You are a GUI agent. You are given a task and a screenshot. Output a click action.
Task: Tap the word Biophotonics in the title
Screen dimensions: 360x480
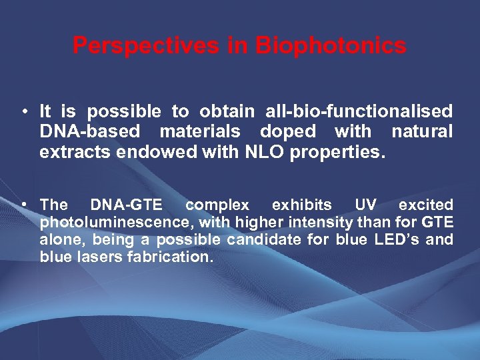click(331, 46)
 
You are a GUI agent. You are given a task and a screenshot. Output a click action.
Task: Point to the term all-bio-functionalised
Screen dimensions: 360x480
click(359, 111)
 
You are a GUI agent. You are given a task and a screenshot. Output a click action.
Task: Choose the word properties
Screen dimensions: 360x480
click(338, 151)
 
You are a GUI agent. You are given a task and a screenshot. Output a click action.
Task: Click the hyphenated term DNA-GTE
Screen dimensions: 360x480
click(126, 205)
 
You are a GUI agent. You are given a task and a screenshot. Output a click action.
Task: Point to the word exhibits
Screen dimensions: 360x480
click(301, 205)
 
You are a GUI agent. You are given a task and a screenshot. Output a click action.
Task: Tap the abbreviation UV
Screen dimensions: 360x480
click(365, 205)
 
